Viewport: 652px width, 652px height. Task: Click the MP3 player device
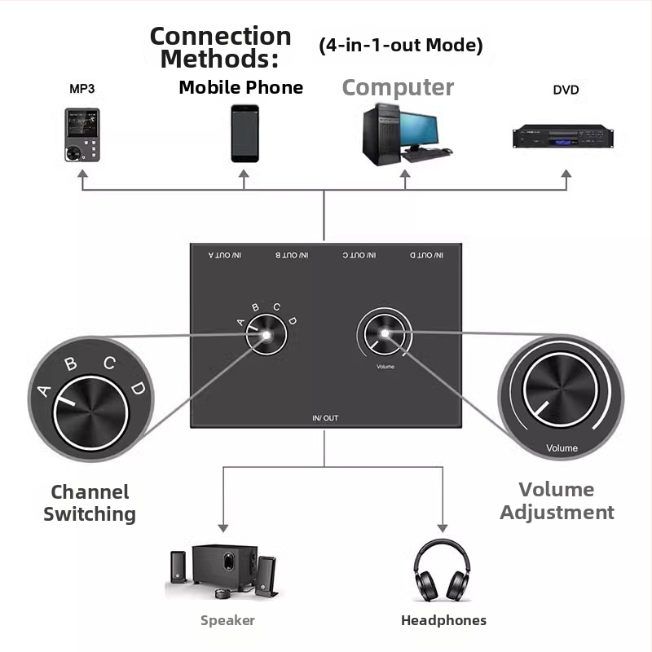pos(82,134)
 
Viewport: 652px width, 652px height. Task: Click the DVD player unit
pos(562,136)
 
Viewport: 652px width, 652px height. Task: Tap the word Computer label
pos(398,87)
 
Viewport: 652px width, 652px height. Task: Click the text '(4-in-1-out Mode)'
pos(400,46)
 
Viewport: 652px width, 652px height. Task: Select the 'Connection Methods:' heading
pos(220,47)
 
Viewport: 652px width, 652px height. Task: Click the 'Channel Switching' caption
pos(90,503)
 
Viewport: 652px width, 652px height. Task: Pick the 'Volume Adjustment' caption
pos(557,500)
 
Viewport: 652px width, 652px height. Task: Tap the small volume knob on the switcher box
pos(383,335)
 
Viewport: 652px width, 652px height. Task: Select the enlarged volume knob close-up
pos(561,397)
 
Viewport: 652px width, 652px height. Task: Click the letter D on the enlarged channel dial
pos(139,388)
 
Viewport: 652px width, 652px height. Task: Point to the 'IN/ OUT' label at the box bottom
pos(325,418)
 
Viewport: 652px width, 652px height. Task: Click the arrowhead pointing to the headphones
pos(443,526)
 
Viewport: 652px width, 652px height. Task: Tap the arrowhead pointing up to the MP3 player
pos(82,175)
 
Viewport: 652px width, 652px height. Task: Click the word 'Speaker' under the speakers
pos(227,620)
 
